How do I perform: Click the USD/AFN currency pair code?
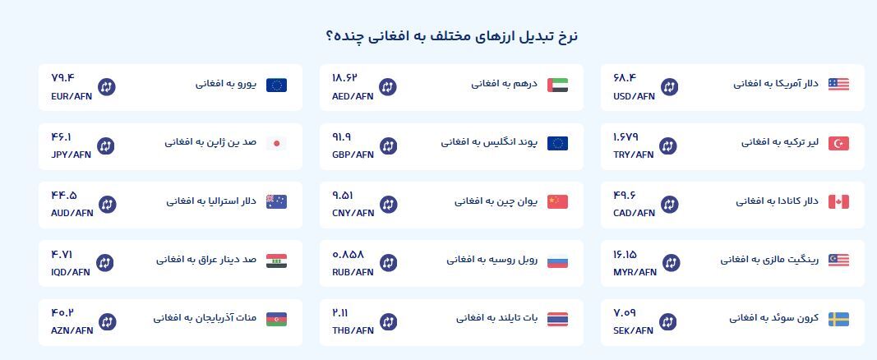(634, 96)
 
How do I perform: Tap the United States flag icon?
(838, 85)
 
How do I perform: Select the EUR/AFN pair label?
(71, 96)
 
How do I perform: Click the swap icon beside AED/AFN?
(388, 86)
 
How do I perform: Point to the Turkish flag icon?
(838, 144)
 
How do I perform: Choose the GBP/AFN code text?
(353, 155)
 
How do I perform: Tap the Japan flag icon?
(276, 144)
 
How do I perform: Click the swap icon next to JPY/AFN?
(106, 146)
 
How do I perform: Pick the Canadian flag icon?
(838, 202)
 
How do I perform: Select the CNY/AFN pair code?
(353, 213)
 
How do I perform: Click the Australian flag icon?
(276, 202)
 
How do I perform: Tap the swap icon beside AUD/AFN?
(108, 204)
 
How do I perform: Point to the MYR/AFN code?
(635, 272)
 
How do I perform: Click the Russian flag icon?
(557, 261)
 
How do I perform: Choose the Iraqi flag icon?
(276, 261)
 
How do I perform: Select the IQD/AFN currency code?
(71, 272)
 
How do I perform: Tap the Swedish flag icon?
(838, 319)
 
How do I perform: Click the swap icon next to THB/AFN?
(388, 321)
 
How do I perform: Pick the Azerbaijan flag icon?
(276, 319)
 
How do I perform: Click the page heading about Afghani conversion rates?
(452, 36)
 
